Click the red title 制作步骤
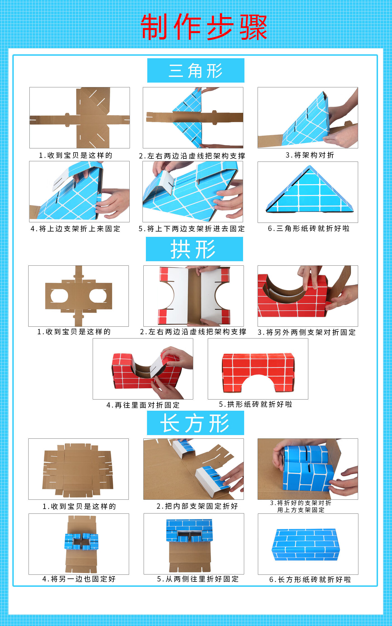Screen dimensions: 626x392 coord(204,27)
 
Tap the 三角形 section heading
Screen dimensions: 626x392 coord(196,71)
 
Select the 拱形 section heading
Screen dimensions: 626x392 coord(194,249)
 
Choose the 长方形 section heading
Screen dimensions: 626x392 coord(195,423)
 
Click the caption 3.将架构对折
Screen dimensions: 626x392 coord(310,155)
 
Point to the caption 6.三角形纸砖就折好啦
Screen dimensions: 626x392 coord(309,228)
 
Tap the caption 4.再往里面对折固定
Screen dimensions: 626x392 coord(143,405)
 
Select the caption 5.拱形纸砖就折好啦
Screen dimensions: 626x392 coord(255,404)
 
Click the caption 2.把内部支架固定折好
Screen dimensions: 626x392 coord(197,506)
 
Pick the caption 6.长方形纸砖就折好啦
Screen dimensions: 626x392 coord(310,579)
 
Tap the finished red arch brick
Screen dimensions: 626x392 coord(258,370)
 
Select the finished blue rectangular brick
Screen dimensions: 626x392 coord(306,545)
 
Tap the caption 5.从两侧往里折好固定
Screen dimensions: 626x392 coord(198,579)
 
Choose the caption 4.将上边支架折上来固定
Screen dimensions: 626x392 coord(75,229)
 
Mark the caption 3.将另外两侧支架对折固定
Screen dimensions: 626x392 coord(307,332)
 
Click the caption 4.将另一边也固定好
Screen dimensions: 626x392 coord(79,579)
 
